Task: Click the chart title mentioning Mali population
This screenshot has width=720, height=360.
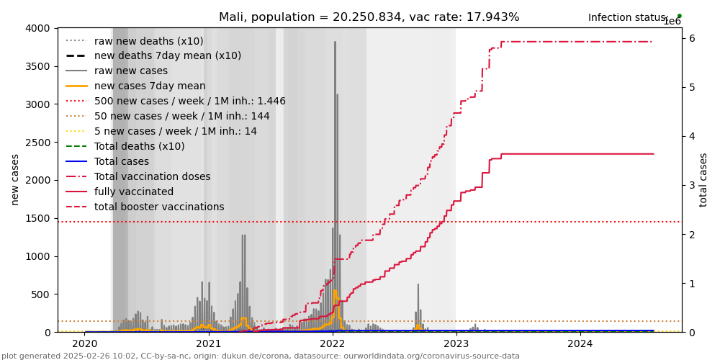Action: coord(369,17)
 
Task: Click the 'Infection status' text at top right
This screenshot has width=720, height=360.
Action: coord(627,18)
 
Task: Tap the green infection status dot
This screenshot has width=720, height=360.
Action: coord(679,16)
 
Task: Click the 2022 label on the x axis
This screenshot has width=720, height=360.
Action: coord(333,344)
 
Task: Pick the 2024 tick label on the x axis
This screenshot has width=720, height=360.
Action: coord(580,344)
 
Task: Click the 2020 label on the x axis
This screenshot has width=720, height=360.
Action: coord(85,344)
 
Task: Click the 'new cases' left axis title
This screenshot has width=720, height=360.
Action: coord(15,179)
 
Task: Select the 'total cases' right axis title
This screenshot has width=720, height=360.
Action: coord(703,179)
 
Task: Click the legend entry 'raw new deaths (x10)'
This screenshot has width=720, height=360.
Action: coord(148,41)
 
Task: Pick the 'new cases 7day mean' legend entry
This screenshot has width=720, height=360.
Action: coord(150,86)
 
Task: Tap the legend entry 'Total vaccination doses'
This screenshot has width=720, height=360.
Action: coord(152,176)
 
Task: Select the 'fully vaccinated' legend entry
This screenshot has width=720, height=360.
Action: coord(134,192)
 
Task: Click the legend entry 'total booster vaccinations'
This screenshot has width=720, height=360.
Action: coord(159,207)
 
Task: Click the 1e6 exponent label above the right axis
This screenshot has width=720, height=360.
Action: coord(672,22)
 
